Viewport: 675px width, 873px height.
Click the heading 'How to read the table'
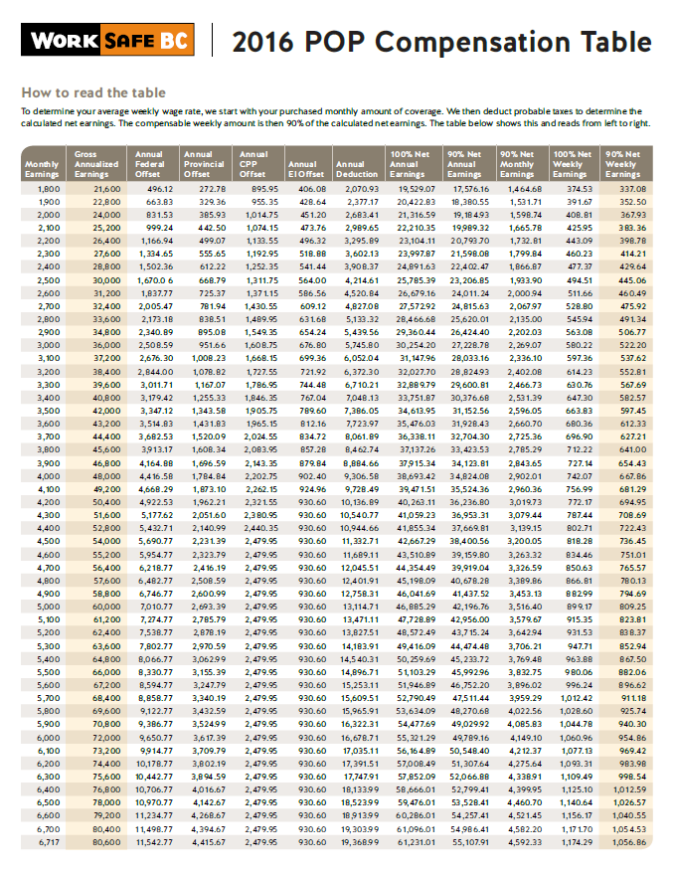[x=81, y=92]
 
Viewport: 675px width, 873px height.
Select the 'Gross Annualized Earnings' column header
[x=97, y=162]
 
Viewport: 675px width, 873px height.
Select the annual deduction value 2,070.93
[x=358, y=188]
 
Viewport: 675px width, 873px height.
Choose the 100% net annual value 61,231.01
[x=413, y=842]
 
